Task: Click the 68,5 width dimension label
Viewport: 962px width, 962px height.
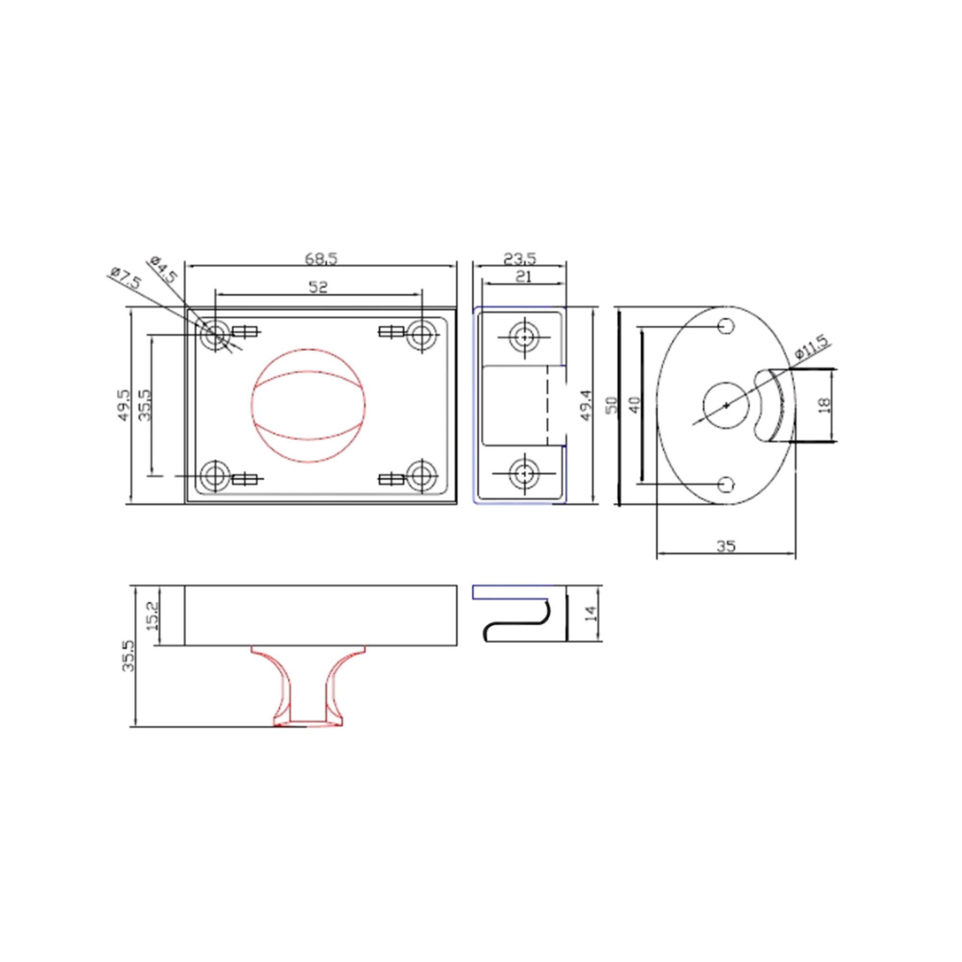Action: pyautogui.click(x=321, y=258)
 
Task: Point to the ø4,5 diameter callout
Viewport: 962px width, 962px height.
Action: pyautogui.click(x=163, y=269)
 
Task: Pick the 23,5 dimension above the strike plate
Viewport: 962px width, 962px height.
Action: pyautogui.click(x=519, y=258)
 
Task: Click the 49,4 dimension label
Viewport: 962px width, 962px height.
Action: pyautogui.click(x=586, y=405)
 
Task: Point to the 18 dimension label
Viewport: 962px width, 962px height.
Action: pyautogui.click(x=824, y=405)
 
